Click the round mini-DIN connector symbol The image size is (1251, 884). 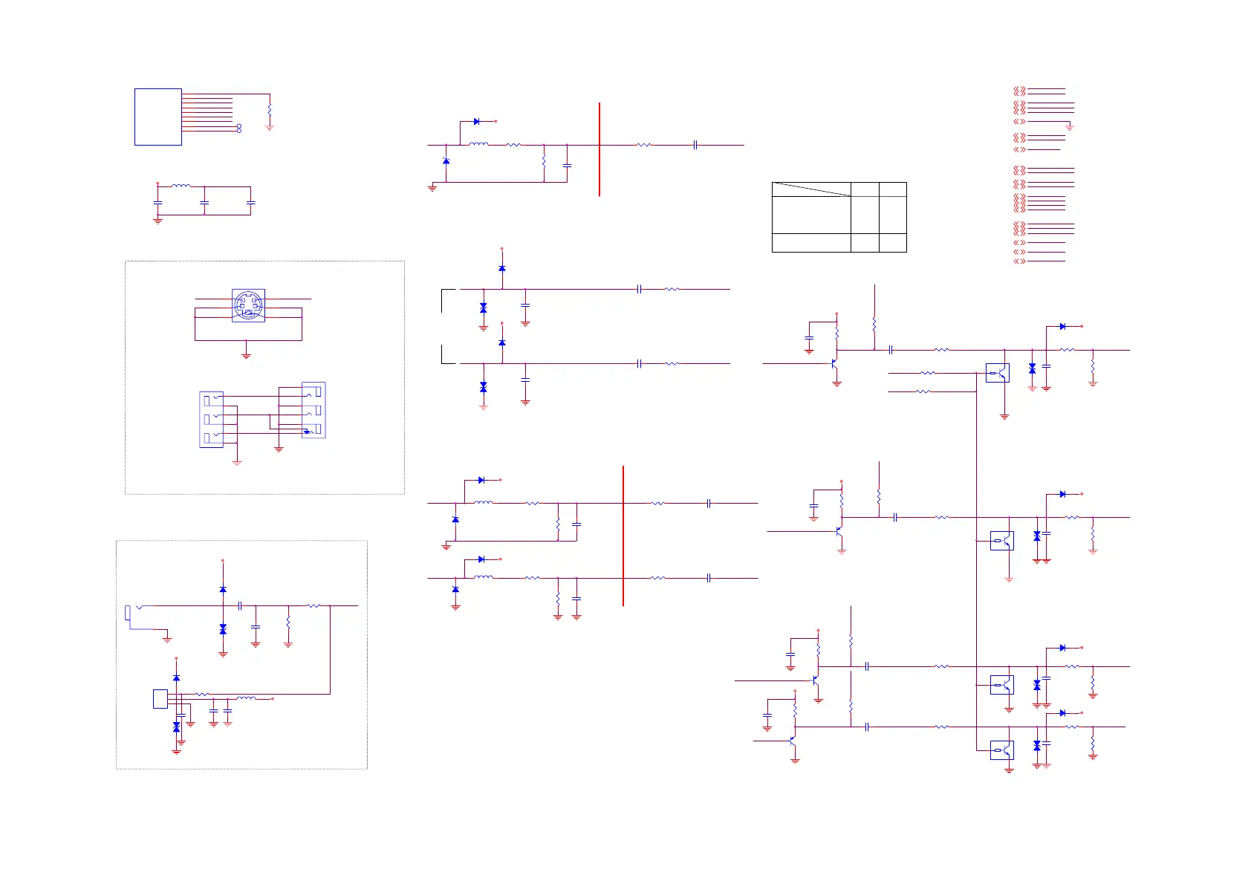248,305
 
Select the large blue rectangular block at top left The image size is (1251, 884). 158,117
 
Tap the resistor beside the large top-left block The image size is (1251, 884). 270,109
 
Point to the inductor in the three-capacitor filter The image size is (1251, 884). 181,186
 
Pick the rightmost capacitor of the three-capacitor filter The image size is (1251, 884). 251,202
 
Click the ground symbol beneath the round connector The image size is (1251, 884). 246,356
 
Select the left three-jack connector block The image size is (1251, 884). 211,420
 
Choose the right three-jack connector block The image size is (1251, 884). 313,410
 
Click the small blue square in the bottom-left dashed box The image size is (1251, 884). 160,698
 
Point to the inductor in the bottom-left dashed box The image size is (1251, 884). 246,698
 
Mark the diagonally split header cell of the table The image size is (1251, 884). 811,189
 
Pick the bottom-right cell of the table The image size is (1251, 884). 892,243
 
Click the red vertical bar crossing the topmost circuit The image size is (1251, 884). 599,149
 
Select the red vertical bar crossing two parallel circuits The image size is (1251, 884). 623,536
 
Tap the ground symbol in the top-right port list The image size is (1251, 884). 1070,128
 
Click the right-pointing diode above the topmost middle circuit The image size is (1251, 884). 476,121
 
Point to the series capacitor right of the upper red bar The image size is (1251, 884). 695,145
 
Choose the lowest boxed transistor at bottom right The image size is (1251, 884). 1001,750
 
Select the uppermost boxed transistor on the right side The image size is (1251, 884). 997,372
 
